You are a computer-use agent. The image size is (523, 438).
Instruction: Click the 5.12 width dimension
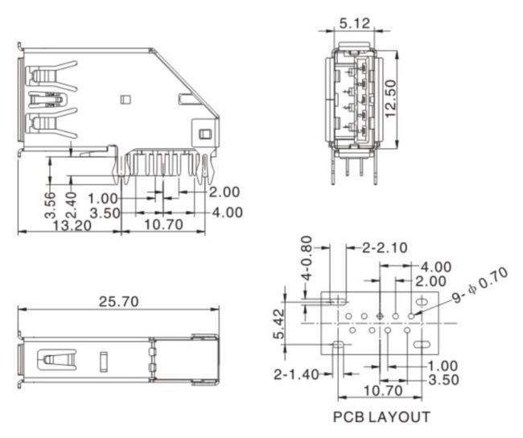355,23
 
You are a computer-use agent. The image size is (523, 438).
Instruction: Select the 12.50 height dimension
391,98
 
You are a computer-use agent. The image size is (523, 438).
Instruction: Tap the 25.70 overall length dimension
118,302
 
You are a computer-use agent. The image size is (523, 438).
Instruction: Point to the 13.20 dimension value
72,226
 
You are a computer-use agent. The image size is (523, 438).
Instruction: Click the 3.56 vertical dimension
50,205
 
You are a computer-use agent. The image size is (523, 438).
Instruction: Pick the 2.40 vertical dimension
71,205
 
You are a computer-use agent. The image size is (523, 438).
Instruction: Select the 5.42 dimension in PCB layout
279,324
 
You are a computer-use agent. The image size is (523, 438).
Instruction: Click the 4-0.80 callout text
307,258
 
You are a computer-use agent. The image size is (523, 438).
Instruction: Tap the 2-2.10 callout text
385,248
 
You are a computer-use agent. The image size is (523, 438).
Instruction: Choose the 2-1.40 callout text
296,374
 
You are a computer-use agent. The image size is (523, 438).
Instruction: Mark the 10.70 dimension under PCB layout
383,390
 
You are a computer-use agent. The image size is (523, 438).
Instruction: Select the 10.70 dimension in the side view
163,225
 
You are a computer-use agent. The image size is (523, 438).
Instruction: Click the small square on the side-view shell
126,100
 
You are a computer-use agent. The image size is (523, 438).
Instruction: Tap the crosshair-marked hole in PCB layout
380,316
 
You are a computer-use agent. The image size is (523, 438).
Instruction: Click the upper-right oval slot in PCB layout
422,302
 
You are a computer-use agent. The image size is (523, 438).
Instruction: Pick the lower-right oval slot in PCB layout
422,345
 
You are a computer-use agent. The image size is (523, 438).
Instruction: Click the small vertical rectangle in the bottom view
104,362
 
